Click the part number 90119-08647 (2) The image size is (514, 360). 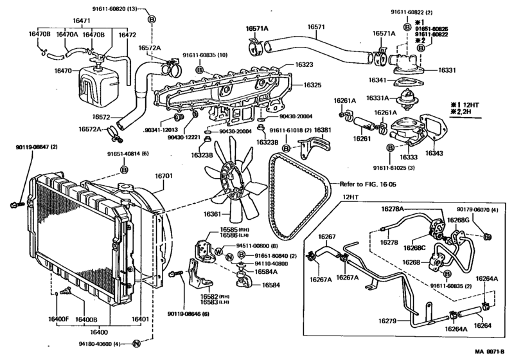(x=37, y=147)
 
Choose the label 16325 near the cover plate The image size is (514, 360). (x=313, y=85)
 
